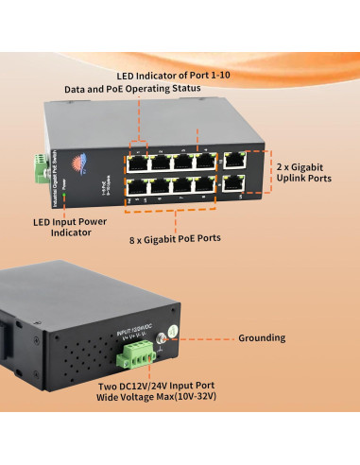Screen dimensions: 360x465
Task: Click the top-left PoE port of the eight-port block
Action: (138, 161)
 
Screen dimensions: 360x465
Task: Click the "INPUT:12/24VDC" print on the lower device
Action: (132, 330)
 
